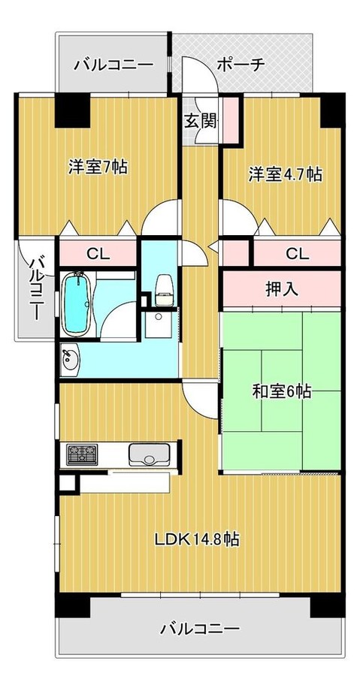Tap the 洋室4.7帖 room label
(286, 174)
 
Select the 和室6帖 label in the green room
(282, 391)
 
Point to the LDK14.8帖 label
(197, 539)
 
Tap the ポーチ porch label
(241, 65)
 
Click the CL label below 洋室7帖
(95, 254)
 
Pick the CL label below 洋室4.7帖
(297, 254)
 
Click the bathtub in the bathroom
(77, 303)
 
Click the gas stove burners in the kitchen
(83, 454)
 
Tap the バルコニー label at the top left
(113, 65)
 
